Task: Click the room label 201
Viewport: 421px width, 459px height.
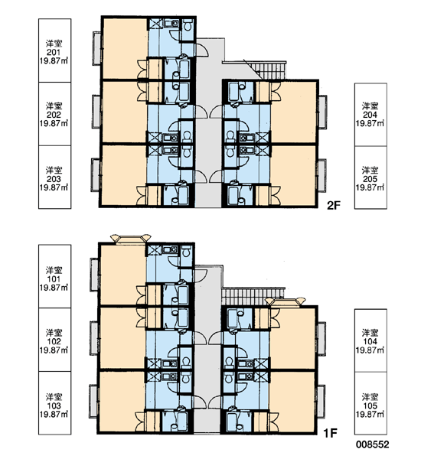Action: pyautogui.click(x=54, y=52)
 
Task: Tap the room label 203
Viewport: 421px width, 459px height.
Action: pyautogui.click(x=54, y=179)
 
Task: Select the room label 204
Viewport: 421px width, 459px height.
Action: pyautogui.click(x=370, y=115)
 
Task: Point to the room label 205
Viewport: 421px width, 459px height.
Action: pyautogui.click(x=370, y=179)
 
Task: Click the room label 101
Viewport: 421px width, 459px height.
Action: pyautogui.click(x=54, y=279)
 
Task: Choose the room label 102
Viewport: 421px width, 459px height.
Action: pyautogui.click(x=54, y=341)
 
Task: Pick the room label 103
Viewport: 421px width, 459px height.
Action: pyautogui.click(x=54, y=405)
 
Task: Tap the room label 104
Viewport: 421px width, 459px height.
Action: pyautogui.click(x=370, y=341)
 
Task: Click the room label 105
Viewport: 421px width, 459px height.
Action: pyautogui.click(x=370, y=405)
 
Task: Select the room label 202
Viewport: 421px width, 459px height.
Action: pyautogui.click(x=54, y=115)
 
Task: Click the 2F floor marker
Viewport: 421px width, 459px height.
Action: pyautogui.click(x=334, y=206)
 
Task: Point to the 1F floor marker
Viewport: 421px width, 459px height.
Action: pyautogui.click(x=331, y=433)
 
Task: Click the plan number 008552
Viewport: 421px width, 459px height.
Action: pyautogui.click(x=373, y=444)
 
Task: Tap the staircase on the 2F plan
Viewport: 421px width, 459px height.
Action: pyautogui.click(x=268, y=70)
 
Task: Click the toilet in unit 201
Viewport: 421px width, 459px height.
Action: pyautogui.click(x=188, y=25)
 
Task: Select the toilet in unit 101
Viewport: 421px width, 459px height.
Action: pyautogui.click(x=186, y=252)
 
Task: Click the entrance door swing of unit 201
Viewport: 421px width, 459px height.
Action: pyautogui.click(x=202, y=50)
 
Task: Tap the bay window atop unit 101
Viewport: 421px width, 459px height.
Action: pyautogui.click(x=130, y=239)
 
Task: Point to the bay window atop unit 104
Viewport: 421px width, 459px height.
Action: pyautogui.click(x=285, y=302)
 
